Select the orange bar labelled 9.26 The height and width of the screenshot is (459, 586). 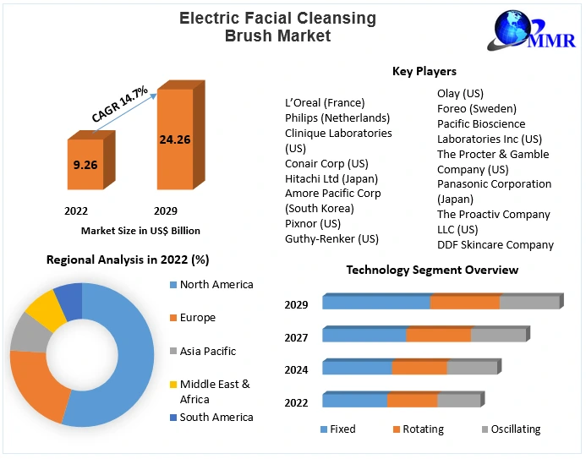(x=85, y=164)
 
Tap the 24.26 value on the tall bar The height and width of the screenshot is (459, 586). (x=174, y=139)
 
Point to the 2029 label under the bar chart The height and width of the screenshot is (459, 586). (x=166, y=210)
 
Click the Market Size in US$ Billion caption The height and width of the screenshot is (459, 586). (x=140, y=230)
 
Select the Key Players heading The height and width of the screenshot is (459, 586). (x=424, y=72)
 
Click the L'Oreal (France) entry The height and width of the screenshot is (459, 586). (x=325, y=103)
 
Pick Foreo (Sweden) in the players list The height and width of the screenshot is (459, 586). (x=476, y=108)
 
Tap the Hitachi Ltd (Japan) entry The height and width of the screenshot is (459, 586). (x=331, y=178)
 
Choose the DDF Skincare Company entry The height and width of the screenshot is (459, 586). (x=495, y=245)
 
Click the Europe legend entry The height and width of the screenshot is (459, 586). (x=197, y=318)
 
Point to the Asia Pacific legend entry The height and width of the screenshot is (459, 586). (x=207, y=351)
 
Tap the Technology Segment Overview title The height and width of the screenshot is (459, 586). (x=432, y=270)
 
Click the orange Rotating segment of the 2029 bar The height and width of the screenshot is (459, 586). (x=465, y=303)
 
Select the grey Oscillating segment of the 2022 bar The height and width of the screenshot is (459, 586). (x=459, y=401)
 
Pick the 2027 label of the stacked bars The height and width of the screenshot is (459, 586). (x=296, y=336)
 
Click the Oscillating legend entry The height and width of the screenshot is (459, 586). (x=515, y=429)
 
